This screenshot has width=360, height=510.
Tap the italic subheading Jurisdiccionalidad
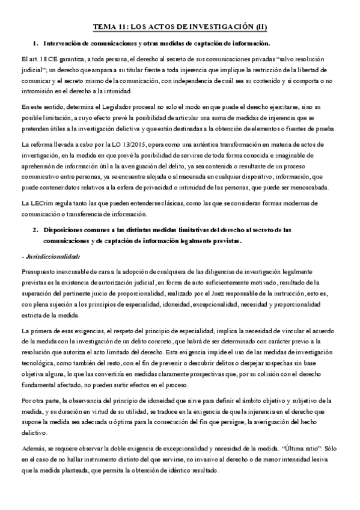[x=52, y=257]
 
